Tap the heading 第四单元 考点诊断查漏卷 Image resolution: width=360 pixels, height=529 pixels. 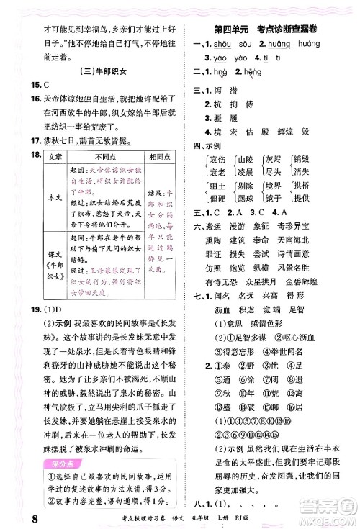(271, 28)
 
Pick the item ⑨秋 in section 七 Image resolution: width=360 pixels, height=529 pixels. (223, 434)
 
